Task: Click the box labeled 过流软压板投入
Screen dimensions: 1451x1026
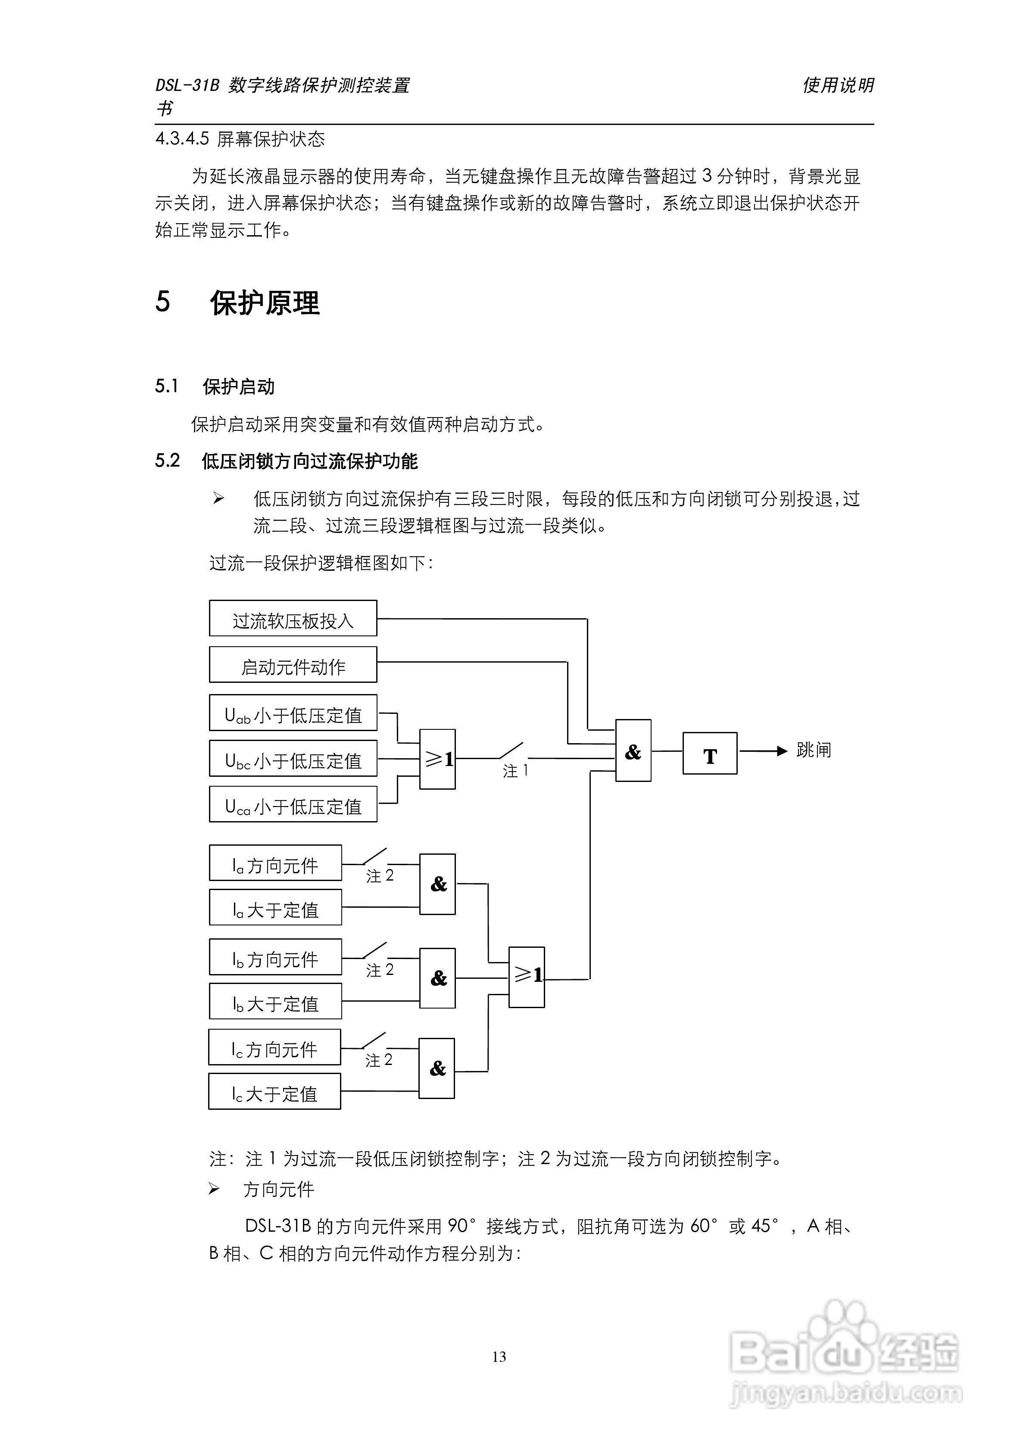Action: (x=293, y=618)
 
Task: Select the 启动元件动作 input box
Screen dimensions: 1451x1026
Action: (x=293, y=664)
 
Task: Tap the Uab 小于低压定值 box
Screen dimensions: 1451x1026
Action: (x=293, y=713)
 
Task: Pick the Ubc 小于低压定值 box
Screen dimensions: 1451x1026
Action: (x=293, y=758)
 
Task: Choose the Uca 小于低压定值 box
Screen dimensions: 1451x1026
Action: (x=293, y=804)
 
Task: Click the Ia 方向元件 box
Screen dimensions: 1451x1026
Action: (x=275, y=863)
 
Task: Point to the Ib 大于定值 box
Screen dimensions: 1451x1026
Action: (x=275, y=1001)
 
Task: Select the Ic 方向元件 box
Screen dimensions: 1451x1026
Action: (x=274, y=1047)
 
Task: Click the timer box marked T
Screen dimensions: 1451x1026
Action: (x=709, y=754)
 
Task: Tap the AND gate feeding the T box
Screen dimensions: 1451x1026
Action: (x=633, y=751)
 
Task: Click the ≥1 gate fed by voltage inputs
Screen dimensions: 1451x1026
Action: (x=437, y=759)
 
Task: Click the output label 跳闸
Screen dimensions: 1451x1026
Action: (x=813, y=750)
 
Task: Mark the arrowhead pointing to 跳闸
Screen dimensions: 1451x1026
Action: (x=782, y=751)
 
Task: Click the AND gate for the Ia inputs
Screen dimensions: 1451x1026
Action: (x=437, y=884)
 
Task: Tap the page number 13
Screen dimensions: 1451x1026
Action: (x=499, y=1357)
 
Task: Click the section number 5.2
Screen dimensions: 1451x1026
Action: (x=168, y=461)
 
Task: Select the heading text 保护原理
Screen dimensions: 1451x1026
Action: (x=265, y=303)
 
